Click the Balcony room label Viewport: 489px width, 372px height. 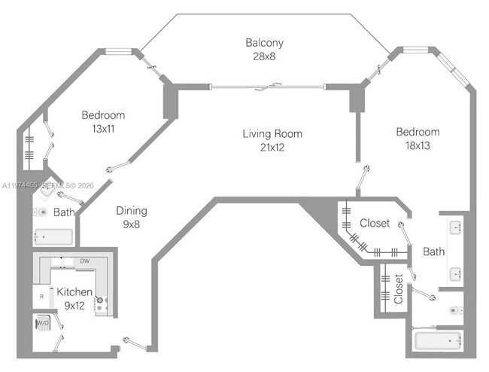pyautogui.click(x=264, y=43)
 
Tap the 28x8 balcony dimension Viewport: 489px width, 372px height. pyautogui.click(x=264, y=56)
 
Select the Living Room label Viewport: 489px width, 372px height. pyautogui.click(x=272, y=134)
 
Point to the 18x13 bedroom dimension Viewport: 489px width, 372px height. pyautogui.click(x=418, y=145)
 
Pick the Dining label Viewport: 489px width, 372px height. pyautogui.click(x=131, y=211)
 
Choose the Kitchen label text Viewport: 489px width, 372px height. pyautogui.click(x=74, y=292)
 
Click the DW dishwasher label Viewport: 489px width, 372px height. pyautogui.click(x=85, y=261)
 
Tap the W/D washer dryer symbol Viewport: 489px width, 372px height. pyautogui.click(x=42, y=323)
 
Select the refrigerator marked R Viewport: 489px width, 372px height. pyautogui.click(x=42, y=296)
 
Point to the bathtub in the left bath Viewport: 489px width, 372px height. pyautogui.click(x=53, y=237)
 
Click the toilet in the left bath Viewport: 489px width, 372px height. pyautogui.click(x=41, y=212)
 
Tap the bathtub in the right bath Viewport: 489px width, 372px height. pyautogui.click(x=438, y=341)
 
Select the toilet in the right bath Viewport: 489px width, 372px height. pyautogui.click(x=454, y=309)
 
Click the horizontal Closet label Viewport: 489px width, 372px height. pyautogui.click(x=375, y=224)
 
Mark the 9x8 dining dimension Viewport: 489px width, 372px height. pyautogui.click(x=131, y=224)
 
